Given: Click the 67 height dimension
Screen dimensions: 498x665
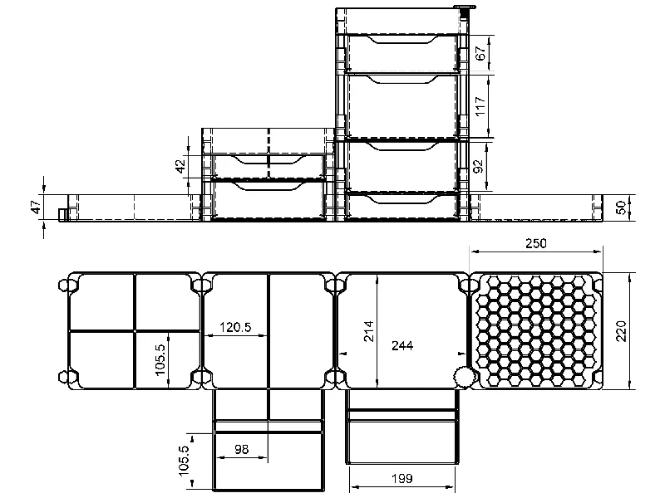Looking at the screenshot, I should [480, 54].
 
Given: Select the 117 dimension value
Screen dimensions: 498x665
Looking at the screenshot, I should [480, 105].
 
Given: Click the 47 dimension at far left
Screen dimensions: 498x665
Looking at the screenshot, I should [36, 207].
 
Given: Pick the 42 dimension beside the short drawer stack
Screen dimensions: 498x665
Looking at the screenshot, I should [180, 166].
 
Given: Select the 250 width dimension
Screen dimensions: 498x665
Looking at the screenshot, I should [537, 244].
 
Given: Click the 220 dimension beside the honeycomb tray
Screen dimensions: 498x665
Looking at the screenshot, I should [619, 330].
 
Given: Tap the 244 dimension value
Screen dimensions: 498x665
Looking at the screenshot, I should [403, 344].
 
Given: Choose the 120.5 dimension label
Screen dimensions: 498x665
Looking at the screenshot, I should [235, 327].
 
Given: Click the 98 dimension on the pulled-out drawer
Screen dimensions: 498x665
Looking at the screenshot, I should [241, 449].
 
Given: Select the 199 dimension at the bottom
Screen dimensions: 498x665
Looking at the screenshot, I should [402, 479].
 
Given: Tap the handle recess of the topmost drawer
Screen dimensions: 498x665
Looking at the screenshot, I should [401, 39].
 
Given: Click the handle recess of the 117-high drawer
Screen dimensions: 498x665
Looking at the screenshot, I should [401, 79].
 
